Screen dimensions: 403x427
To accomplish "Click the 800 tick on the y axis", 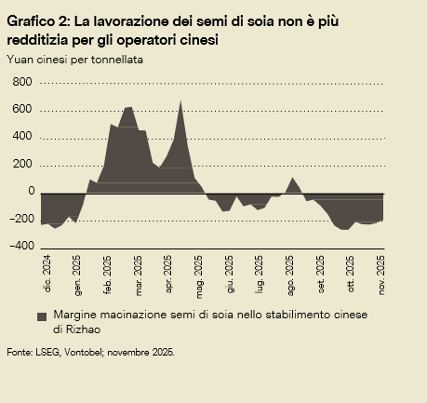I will tap(22, 83).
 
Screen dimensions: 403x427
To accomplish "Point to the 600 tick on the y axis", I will tap(22, 110).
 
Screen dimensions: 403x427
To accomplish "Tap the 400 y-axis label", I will tap(22, 137).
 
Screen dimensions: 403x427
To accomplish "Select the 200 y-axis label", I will tap(22, 165).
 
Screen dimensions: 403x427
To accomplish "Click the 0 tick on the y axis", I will tap(30, 192).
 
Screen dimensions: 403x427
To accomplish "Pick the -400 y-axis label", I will tap(20, 247).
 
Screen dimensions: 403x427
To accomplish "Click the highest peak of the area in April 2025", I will tap(180, 101).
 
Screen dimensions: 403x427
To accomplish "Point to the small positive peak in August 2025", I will tap(293, 178).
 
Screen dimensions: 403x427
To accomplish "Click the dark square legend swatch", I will tap(41, 316).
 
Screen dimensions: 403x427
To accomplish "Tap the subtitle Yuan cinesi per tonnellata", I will tap(81, 59).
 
